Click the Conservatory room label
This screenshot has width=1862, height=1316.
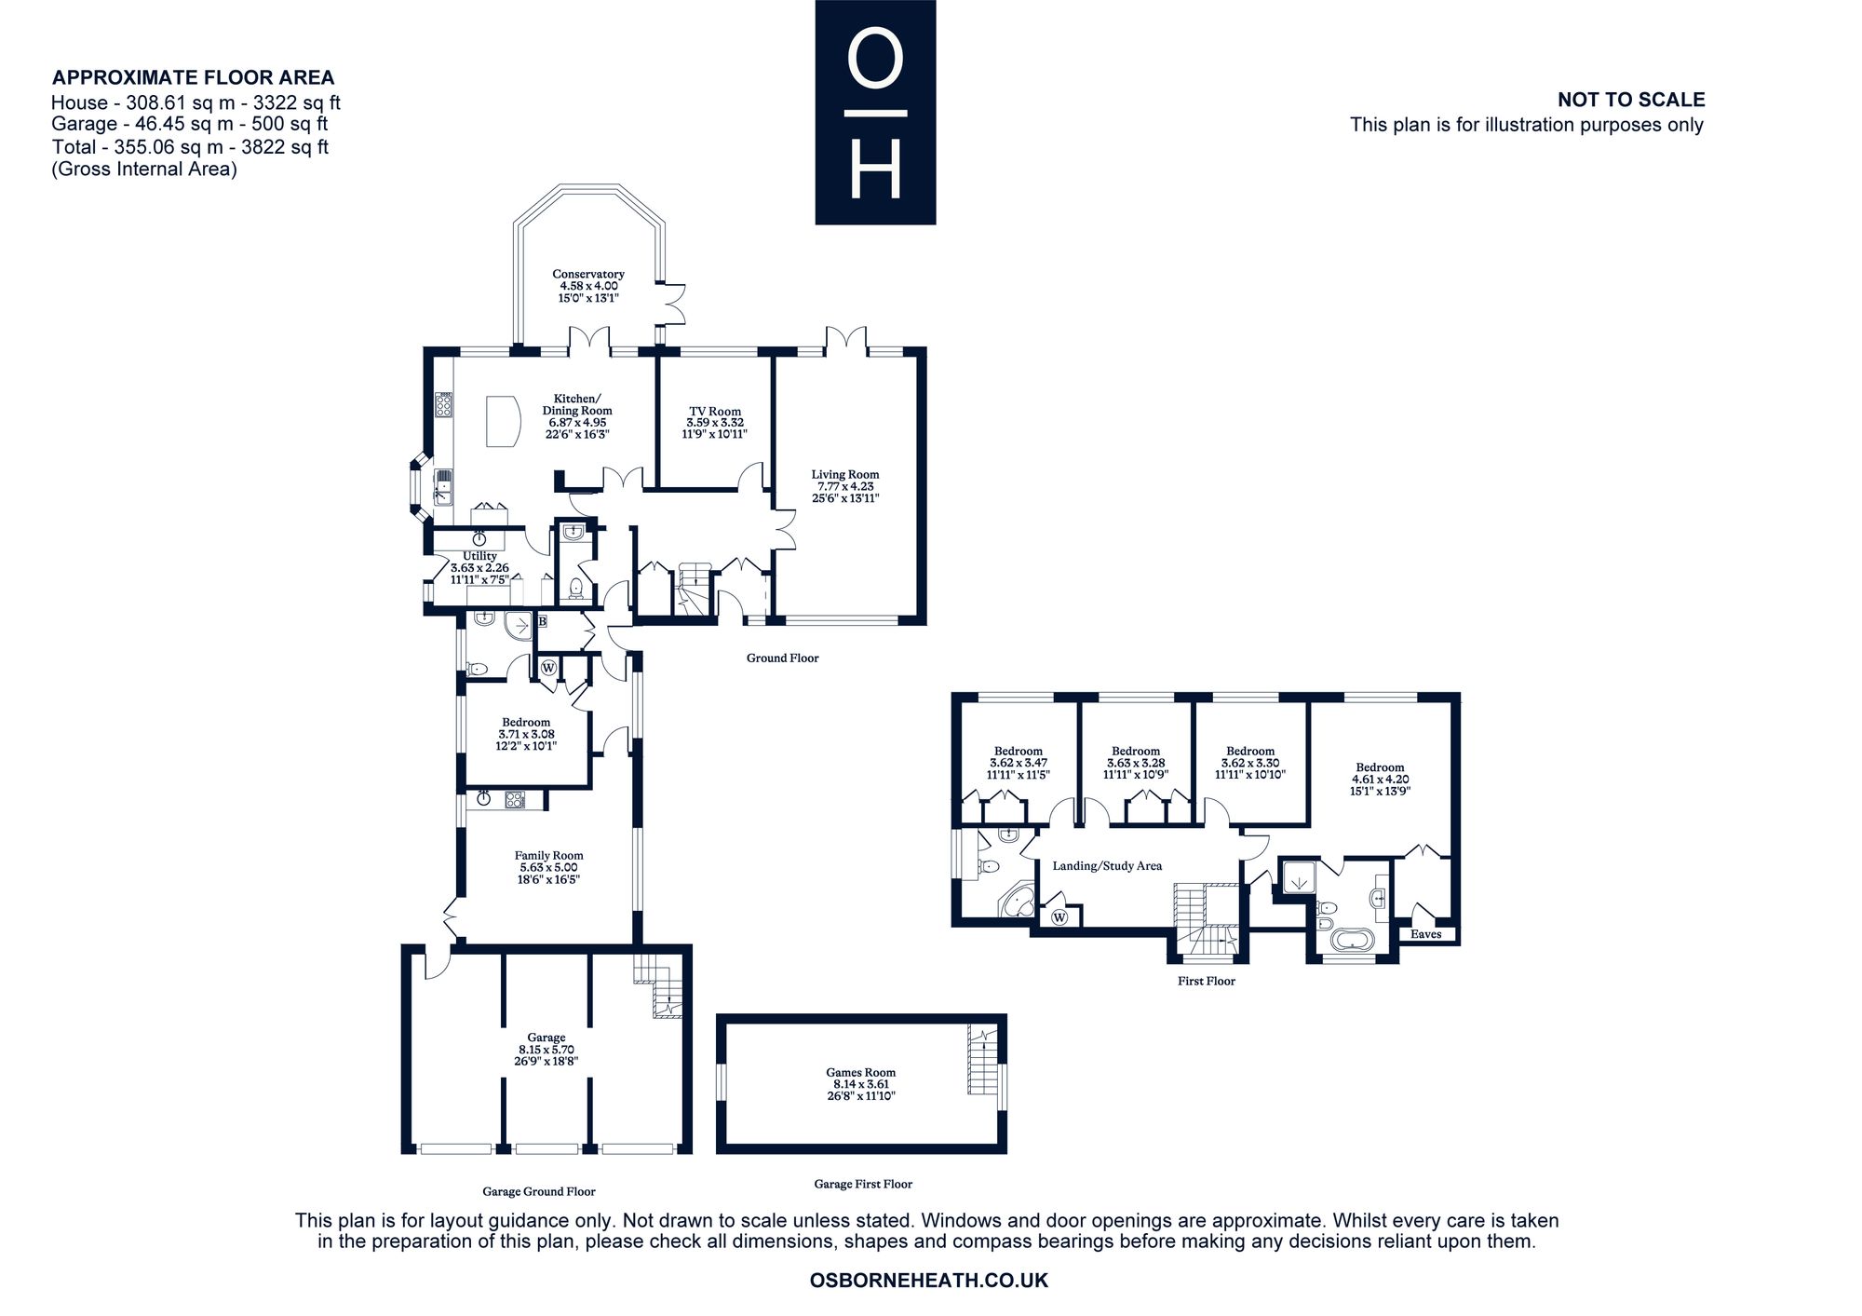tap(587, 274)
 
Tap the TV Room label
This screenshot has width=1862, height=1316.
tap(715, 411)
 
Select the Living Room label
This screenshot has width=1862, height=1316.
tap(845, 474)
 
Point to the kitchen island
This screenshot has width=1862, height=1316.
tap(501, 421)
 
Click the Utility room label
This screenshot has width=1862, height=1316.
tap(480, 556)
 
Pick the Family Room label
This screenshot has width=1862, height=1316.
tap(549, 855)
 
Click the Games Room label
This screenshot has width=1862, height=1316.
tap(860, 1072)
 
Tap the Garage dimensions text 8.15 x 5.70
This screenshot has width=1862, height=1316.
tap(546, 1049)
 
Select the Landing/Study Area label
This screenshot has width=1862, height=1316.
tap(1107, 866)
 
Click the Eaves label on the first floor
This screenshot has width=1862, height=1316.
tap(1425, 934)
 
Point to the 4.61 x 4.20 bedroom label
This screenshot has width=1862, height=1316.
tap(1380, 780)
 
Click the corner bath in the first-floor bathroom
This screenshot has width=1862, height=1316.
tap(1017, 901)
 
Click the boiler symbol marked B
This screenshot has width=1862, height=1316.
tap(543, 621)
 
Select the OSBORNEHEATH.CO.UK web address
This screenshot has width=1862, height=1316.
tap(929, 1281)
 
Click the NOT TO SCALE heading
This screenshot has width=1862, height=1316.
tap(1631, 100)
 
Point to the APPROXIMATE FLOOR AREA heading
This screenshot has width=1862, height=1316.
tap(193, 77)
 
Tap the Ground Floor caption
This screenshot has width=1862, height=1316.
tap(783, 658)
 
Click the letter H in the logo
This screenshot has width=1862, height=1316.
tap(875, 169)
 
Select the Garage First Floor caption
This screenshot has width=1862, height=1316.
tap(863, 1184)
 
